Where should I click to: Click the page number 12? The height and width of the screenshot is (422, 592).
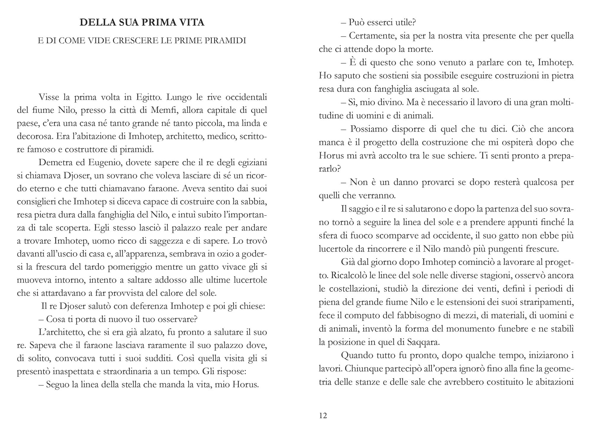coord(323,415)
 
